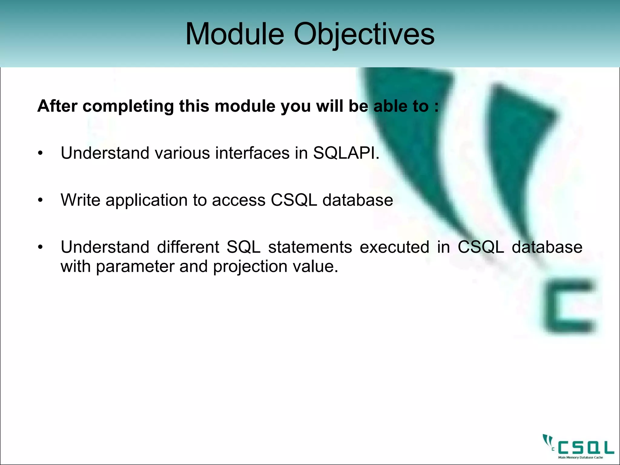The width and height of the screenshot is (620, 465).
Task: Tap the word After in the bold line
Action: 57,106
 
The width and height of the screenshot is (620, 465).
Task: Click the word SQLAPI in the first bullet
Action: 346,153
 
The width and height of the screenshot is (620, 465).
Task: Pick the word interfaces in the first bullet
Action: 252,153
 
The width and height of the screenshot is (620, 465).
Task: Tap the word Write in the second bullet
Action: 81,200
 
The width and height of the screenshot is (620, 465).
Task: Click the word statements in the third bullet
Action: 310,247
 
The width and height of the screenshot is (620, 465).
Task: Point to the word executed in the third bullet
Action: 394,247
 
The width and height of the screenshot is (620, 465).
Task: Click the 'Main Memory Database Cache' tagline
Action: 581,457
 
